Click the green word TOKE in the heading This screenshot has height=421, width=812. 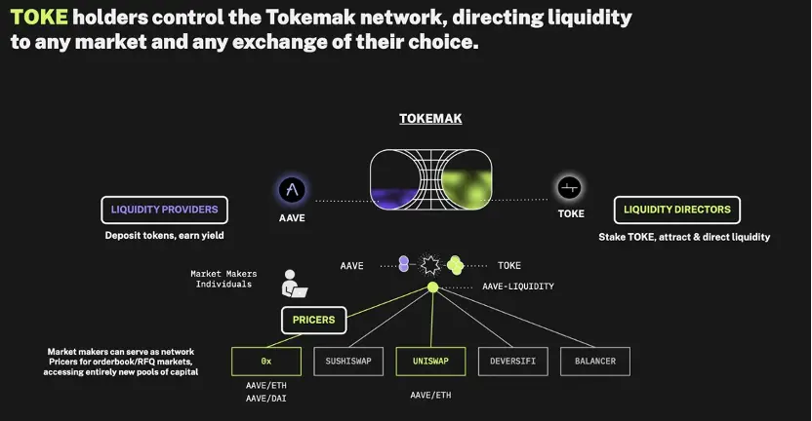click(40, 18)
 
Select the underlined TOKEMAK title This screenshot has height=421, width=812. click(430, 118)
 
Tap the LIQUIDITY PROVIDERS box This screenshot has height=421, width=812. click(165, 210)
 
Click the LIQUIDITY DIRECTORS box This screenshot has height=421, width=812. click(676, 210)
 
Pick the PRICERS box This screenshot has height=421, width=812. click(313, 319)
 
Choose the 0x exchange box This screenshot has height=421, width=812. click(265, 361)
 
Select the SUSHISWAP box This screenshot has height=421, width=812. click(347, 361)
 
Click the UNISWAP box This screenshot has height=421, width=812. click(430, 361)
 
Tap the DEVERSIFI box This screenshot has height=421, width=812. click(512, 361)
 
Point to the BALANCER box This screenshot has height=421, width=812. click(595, 361)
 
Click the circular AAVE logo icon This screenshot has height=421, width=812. click(291, 189)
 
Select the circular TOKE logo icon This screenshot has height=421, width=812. click(570, 188)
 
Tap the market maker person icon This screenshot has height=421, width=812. click(293, 284)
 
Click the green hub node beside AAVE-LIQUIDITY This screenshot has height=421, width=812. click(432, 287)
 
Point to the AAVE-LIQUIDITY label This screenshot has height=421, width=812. click(518, 287)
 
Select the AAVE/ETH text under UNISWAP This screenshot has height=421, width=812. click(430, 395)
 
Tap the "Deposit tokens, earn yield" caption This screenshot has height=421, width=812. click(164, 235)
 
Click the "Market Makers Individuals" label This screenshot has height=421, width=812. click(222, 279)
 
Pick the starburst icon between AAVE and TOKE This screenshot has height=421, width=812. click(430, 264)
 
